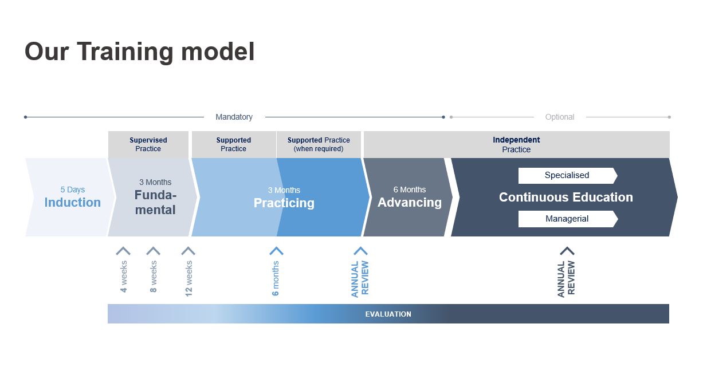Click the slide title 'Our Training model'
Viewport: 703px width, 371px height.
tap(139, 52)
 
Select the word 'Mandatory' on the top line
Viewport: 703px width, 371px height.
tap(234, 117)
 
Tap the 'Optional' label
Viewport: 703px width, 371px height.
tap(559, 117)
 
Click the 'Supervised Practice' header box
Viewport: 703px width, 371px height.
tap(148, 144)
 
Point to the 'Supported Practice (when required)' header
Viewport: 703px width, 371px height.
tap(319, 144)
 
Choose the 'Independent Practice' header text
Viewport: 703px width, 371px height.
tap(516, 144)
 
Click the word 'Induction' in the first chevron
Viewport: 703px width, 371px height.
tap(72, 203)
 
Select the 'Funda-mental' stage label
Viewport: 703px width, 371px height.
tap(155, 203)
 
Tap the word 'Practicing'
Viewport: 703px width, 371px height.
tap(284, 203)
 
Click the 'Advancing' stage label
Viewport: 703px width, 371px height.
tap(410, 203)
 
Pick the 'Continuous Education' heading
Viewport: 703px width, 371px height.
tap(566, 197)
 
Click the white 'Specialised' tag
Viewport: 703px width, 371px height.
tap(567, 175)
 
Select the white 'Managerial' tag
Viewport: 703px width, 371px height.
tap(567, 219)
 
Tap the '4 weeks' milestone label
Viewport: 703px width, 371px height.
tap(124, 277)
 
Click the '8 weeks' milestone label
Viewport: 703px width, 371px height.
tap(154, 277)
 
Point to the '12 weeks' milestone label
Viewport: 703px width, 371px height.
tap(188, 278)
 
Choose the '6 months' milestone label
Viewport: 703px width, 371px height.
tap(276, 278)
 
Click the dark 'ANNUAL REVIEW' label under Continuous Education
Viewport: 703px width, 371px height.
tap(566, 279)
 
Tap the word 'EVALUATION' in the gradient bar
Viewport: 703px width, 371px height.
tap(388, 314)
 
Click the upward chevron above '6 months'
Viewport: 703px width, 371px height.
tap(277, 251)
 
